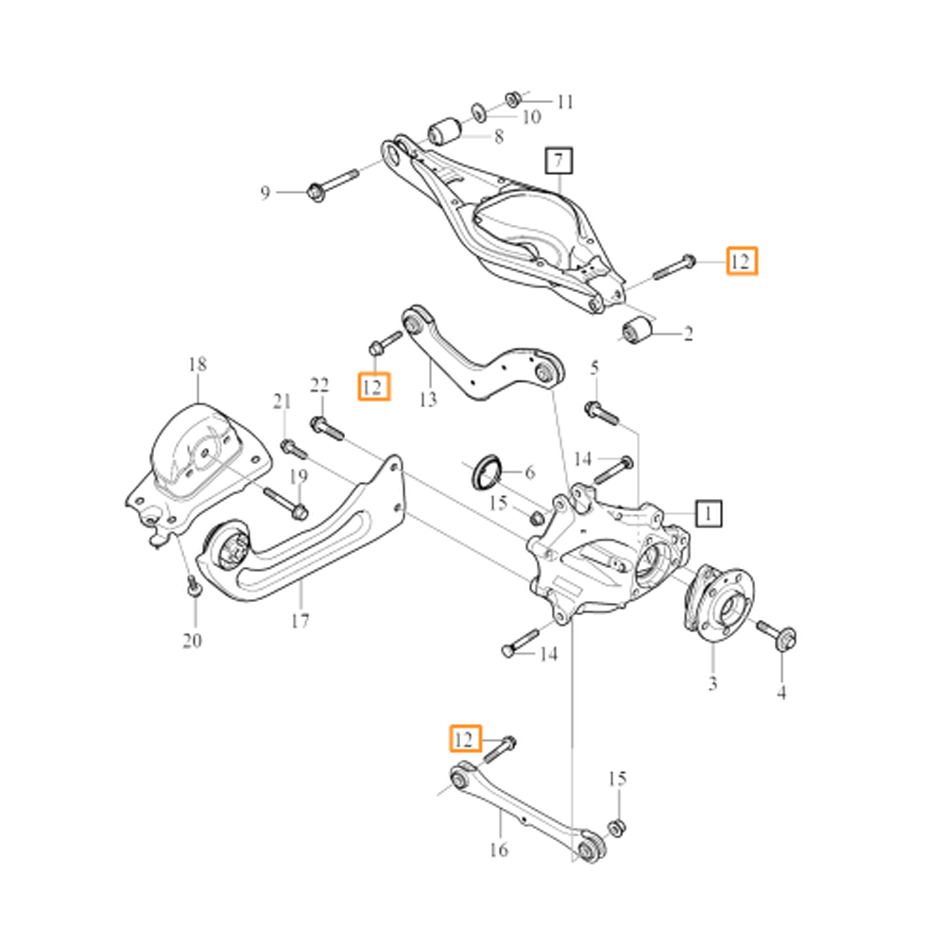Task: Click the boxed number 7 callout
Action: [558, 160]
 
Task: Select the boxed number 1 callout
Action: [709, 513]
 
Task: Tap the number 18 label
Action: [197, 364]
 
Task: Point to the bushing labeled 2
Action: [640, 331]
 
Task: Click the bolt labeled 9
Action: [331, 184]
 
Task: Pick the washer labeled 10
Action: [479, 112]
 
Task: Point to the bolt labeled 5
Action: [600, 412]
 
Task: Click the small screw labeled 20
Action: [193, 587]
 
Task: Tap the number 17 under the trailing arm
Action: [301, 621]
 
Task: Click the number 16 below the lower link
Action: [498, 850]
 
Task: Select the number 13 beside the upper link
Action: [428, 400]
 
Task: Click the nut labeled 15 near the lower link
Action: [616, 828]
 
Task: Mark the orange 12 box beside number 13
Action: [374, 387]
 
